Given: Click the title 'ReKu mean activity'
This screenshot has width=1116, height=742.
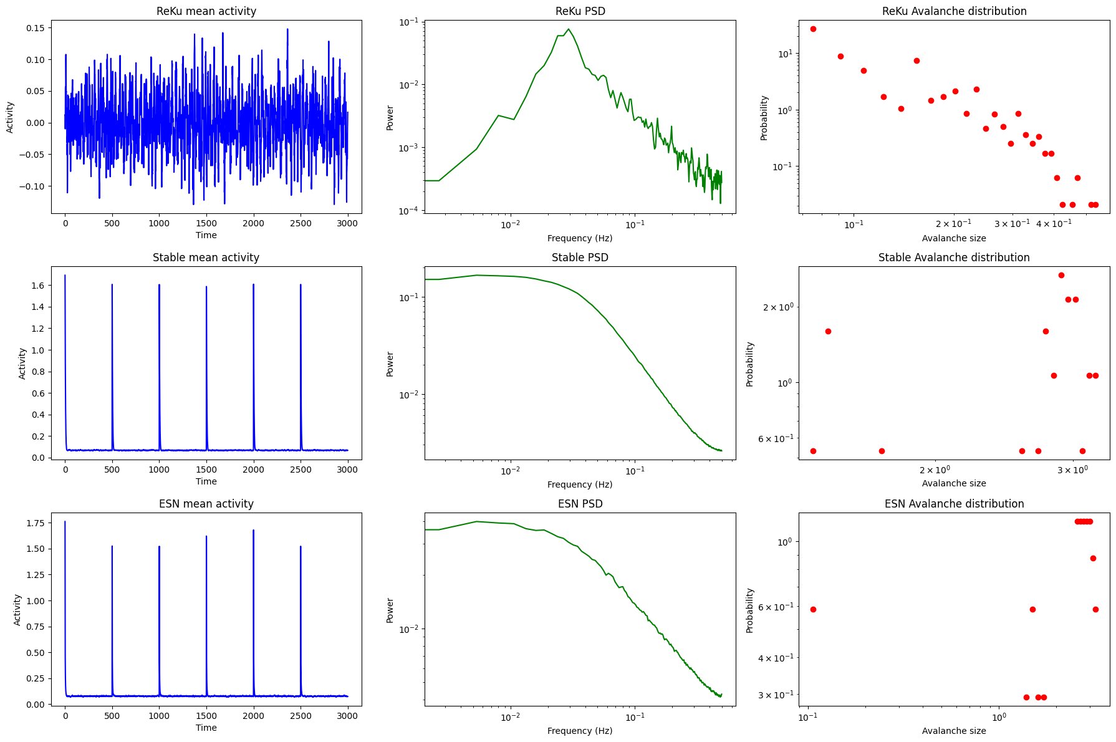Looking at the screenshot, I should (206, 11).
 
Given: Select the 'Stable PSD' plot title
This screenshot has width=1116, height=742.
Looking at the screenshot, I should (580, 258).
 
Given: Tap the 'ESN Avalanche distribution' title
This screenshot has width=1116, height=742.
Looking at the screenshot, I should (954, 504).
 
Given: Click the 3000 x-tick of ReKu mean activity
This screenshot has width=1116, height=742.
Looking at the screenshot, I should (347, 223).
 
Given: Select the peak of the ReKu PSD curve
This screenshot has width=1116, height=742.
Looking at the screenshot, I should (569, 29).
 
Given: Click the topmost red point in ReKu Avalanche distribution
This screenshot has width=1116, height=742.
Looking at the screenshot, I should (813, 29).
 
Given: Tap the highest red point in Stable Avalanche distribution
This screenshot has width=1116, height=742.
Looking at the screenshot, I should (1061, 275).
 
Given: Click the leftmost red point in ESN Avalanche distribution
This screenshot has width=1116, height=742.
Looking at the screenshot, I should (813, 609).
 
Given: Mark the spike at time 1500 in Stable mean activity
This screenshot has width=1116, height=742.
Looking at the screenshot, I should (206, 287).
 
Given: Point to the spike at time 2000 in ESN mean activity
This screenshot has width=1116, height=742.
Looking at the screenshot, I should (254, 531).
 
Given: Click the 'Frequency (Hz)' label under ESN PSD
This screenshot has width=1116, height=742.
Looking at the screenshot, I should (580, 731).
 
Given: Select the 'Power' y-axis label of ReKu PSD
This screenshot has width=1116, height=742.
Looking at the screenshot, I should (390, 117).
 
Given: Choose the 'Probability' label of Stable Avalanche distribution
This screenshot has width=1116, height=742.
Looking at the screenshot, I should (750, 364).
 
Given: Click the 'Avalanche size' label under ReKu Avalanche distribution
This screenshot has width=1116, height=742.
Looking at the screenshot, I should (954, 238).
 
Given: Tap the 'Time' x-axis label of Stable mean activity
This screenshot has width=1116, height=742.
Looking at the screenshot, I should (206, 481).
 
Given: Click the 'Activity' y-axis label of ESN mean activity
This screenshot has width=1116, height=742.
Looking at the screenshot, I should (17, 610).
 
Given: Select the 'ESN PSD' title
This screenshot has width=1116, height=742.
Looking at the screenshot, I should (580, 504).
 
